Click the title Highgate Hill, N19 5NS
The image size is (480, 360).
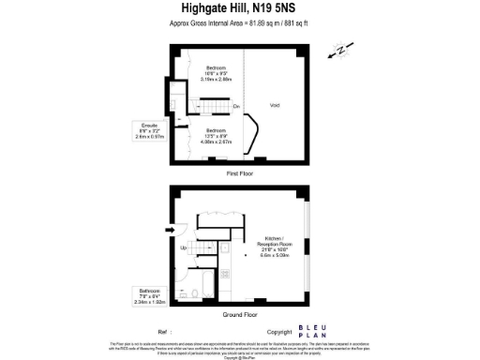coord(239,10)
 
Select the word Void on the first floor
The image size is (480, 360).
coord(274,104)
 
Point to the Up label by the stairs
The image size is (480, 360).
coord(184,247)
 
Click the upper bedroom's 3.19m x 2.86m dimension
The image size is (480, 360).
coord(216,80)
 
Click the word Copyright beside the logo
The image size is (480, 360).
coord(279,332)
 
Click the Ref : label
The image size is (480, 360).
coord(164,332)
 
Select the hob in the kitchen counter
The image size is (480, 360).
coord(225,274)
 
